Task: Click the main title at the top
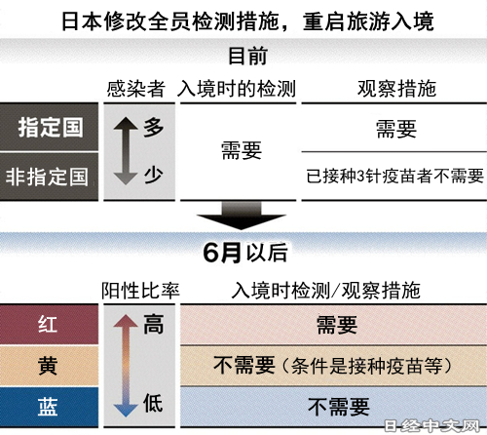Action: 247,21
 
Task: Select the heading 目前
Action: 248,56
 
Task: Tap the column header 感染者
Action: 135,89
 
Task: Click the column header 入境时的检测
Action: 237,89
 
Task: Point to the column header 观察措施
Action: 396,89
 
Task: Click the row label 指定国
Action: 51,127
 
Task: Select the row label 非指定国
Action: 47,177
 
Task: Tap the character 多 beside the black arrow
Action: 153,127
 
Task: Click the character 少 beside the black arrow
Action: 153,175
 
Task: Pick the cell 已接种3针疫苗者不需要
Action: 395,176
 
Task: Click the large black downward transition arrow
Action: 242,216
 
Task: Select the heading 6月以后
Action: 245,253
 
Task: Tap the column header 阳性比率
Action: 140,291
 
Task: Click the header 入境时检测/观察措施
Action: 326,291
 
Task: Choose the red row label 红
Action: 48,324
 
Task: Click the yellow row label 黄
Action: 48,366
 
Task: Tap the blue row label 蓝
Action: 48,407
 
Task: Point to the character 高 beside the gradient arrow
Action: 153,324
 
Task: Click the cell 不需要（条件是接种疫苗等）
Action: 332,366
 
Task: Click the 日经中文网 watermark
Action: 431,426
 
